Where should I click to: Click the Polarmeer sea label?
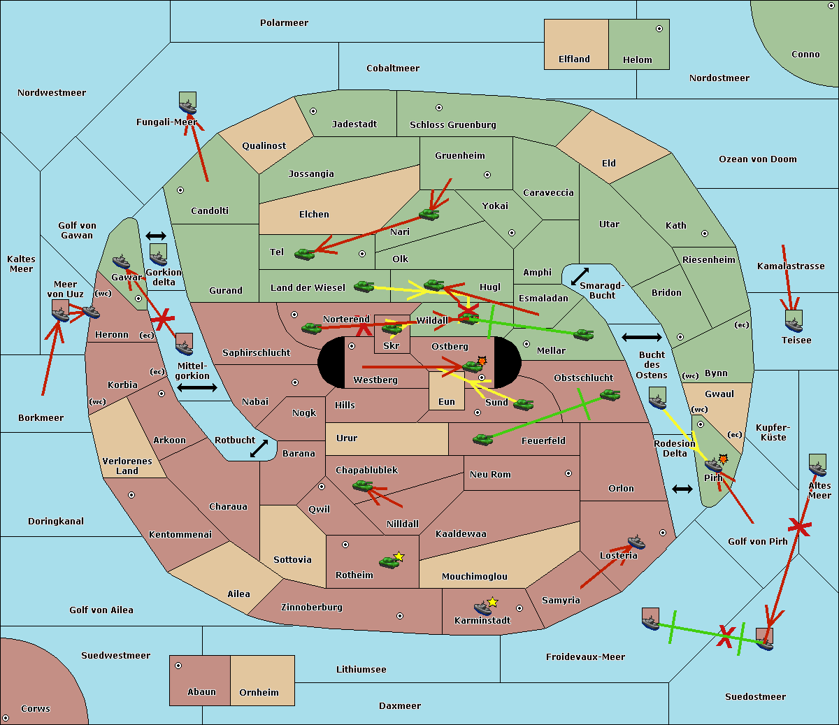coord(284,23)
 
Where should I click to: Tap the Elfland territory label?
coord(574,59)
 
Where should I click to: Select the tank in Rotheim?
coord(389,562)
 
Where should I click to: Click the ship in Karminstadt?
coord(482,608)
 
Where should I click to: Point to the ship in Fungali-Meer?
coord(187,107)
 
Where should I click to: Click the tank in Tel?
coord(304,254)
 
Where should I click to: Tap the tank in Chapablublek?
coord(362,485)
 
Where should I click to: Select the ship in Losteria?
coord(636,543)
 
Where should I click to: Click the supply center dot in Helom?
coord(659,29)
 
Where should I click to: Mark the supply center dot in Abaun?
coord(178,666)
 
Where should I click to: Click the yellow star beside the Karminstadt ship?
coord(492,602)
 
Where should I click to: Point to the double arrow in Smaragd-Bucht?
coord(580,276)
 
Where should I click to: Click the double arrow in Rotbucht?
coord(259,448)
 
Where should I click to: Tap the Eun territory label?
coord(447,401)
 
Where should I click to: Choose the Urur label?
coord(347,438)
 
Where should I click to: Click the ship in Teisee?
coord(794,325)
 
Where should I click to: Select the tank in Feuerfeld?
coord(482,439)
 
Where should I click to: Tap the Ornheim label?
coord(259,692)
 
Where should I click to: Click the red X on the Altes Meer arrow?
coord(799,527)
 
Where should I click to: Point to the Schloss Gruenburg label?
coord(452,124)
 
